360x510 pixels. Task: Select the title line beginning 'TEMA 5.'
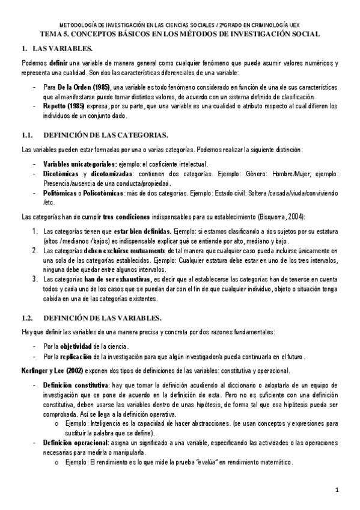pyautogui.click(x=180, y=34)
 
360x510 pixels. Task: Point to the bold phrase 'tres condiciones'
pyautogui.click(x=124, y=216)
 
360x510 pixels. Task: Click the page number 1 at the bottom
pyautogui.click(x=338, y=490)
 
